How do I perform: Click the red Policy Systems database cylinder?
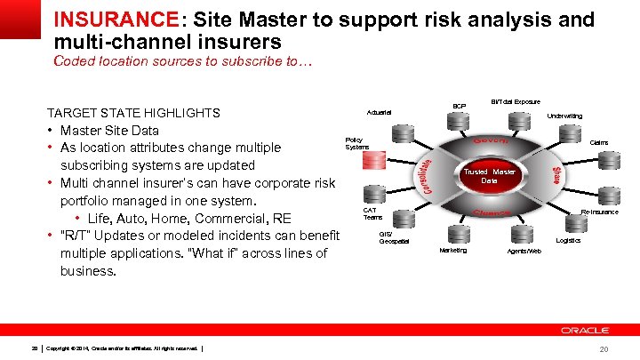372,163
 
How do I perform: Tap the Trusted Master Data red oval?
489,176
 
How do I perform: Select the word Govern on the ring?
490,141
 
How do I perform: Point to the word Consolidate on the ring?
428,176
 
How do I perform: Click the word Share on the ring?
556,175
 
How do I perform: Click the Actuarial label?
380,112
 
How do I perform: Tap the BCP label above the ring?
459,106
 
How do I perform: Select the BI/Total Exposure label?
516,102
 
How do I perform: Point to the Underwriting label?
564,116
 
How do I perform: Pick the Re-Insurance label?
599,212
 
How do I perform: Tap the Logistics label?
568,240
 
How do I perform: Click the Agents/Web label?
524,251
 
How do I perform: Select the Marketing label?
452,250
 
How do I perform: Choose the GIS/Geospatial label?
394,238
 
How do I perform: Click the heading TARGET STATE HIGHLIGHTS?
133,114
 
